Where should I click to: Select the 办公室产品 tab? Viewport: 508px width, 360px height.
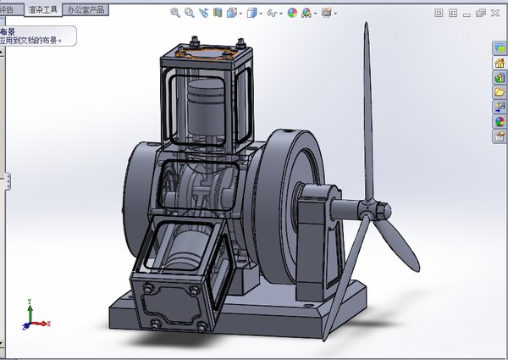87,10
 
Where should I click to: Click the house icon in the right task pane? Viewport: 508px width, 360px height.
500,64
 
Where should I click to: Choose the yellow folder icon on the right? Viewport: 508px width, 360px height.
500,91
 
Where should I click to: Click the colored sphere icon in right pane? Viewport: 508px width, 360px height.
500,120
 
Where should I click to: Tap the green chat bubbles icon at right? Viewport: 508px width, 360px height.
500,49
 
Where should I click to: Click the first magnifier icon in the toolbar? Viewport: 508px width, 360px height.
175,13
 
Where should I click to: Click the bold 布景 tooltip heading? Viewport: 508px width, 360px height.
8,30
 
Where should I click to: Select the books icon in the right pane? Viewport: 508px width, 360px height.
500,78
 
